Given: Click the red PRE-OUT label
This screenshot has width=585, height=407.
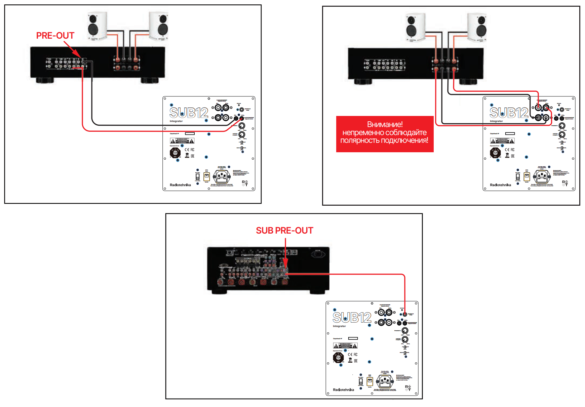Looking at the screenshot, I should point(55,36).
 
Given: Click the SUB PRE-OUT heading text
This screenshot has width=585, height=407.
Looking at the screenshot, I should point(284,231).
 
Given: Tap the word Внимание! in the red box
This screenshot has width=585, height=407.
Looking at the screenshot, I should point(385,124).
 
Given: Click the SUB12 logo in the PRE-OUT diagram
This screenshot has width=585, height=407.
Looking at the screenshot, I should point(189,113).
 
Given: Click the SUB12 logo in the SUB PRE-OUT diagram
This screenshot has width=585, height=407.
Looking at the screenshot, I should point(352,318).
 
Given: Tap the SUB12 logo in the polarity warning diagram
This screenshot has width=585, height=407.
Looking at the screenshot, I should point(509,113).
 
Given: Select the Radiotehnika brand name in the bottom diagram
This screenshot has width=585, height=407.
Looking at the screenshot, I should point(343,390).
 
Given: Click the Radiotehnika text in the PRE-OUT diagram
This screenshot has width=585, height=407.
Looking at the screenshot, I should point(180,185).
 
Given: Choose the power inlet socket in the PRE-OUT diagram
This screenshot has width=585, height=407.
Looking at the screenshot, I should point(222,176).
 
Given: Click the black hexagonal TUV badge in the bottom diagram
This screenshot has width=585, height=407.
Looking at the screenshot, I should point(338,358).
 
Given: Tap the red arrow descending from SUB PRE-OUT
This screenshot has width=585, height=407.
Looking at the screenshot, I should point(285,255).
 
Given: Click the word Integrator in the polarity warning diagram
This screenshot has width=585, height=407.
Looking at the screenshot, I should point(496,121).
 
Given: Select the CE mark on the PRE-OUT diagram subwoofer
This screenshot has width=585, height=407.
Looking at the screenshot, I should point(187,150).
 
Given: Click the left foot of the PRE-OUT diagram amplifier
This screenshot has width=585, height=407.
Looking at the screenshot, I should point(45,80).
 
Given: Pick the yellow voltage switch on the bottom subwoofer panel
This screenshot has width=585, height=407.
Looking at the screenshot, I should point(369,381).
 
